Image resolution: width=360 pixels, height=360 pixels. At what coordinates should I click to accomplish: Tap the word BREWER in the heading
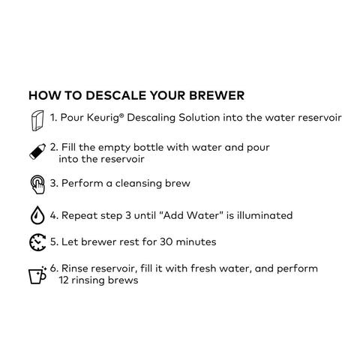tap(217, 95)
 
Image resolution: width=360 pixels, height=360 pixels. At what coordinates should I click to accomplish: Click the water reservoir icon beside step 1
tap(37, 121)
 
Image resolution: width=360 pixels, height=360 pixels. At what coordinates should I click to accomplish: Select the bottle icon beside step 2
tap(37, 151)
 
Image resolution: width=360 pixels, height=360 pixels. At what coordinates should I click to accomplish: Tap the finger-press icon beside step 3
tap(37, 184)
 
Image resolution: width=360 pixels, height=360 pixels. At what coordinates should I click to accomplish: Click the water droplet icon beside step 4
tap(37, 215)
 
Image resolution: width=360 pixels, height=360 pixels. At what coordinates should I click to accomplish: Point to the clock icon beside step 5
tap(37, 242)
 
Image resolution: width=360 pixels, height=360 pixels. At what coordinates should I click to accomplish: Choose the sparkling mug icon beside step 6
tap(37, 275)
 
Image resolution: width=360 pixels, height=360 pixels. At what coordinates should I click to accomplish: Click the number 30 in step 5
tap(166, 242)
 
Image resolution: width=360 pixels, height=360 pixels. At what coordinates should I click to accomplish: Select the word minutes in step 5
tap(196, 241)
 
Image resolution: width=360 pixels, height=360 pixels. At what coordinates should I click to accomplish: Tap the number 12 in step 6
tap(64, 280)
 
